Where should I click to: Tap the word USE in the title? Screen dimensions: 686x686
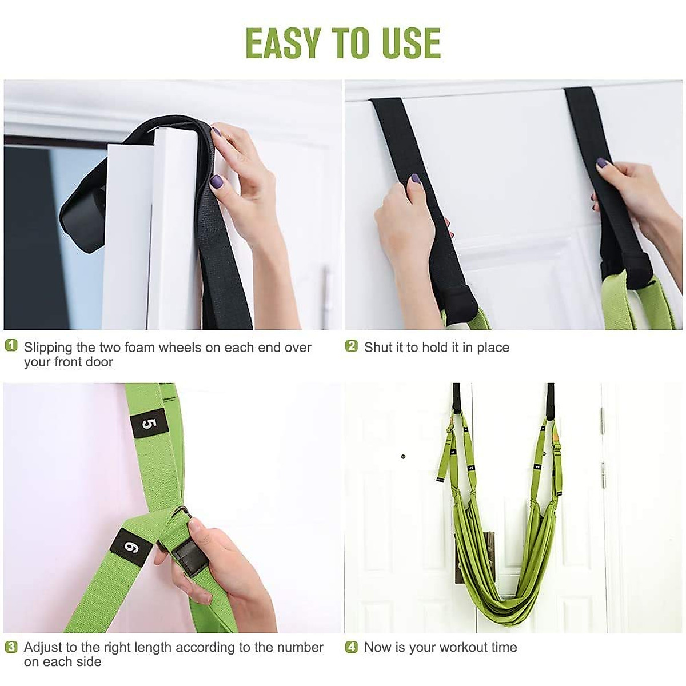point(408,43)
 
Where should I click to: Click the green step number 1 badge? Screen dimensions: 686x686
point(11,346)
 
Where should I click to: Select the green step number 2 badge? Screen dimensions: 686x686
point(352,346)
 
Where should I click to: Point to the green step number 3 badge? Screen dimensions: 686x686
point(11,647)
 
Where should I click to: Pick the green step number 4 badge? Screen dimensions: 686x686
point(352,647)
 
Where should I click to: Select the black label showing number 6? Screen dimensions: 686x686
point(131,547)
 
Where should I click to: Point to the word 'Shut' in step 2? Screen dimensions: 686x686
point(378,348)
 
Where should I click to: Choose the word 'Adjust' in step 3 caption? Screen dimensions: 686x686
point(43,648)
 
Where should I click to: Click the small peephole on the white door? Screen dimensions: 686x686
point(404,457)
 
